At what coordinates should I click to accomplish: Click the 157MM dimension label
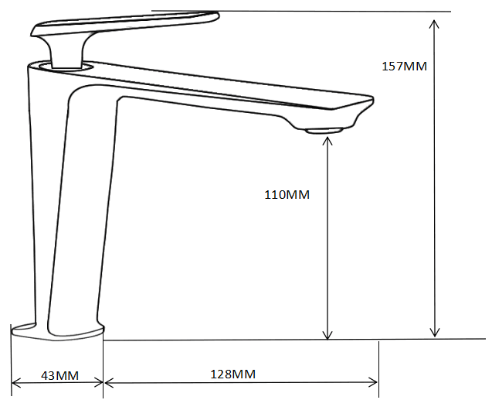[x=404, y=67]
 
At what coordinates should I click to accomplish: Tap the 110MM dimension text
[x=287, y=195]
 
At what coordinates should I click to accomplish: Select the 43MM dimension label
[x=59, y=375]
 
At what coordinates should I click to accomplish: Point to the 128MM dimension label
[x=232, y=374]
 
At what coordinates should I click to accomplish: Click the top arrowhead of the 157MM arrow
[x=434, y=23]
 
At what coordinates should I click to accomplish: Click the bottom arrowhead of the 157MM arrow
[x=435, y=333]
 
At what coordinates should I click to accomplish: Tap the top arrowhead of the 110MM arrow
[x=327, y=142]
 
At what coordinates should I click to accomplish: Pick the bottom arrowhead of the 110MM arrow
[x=327, y=335]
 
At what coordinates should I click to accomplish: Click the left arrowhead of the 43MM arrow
[x=16, y=383]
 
